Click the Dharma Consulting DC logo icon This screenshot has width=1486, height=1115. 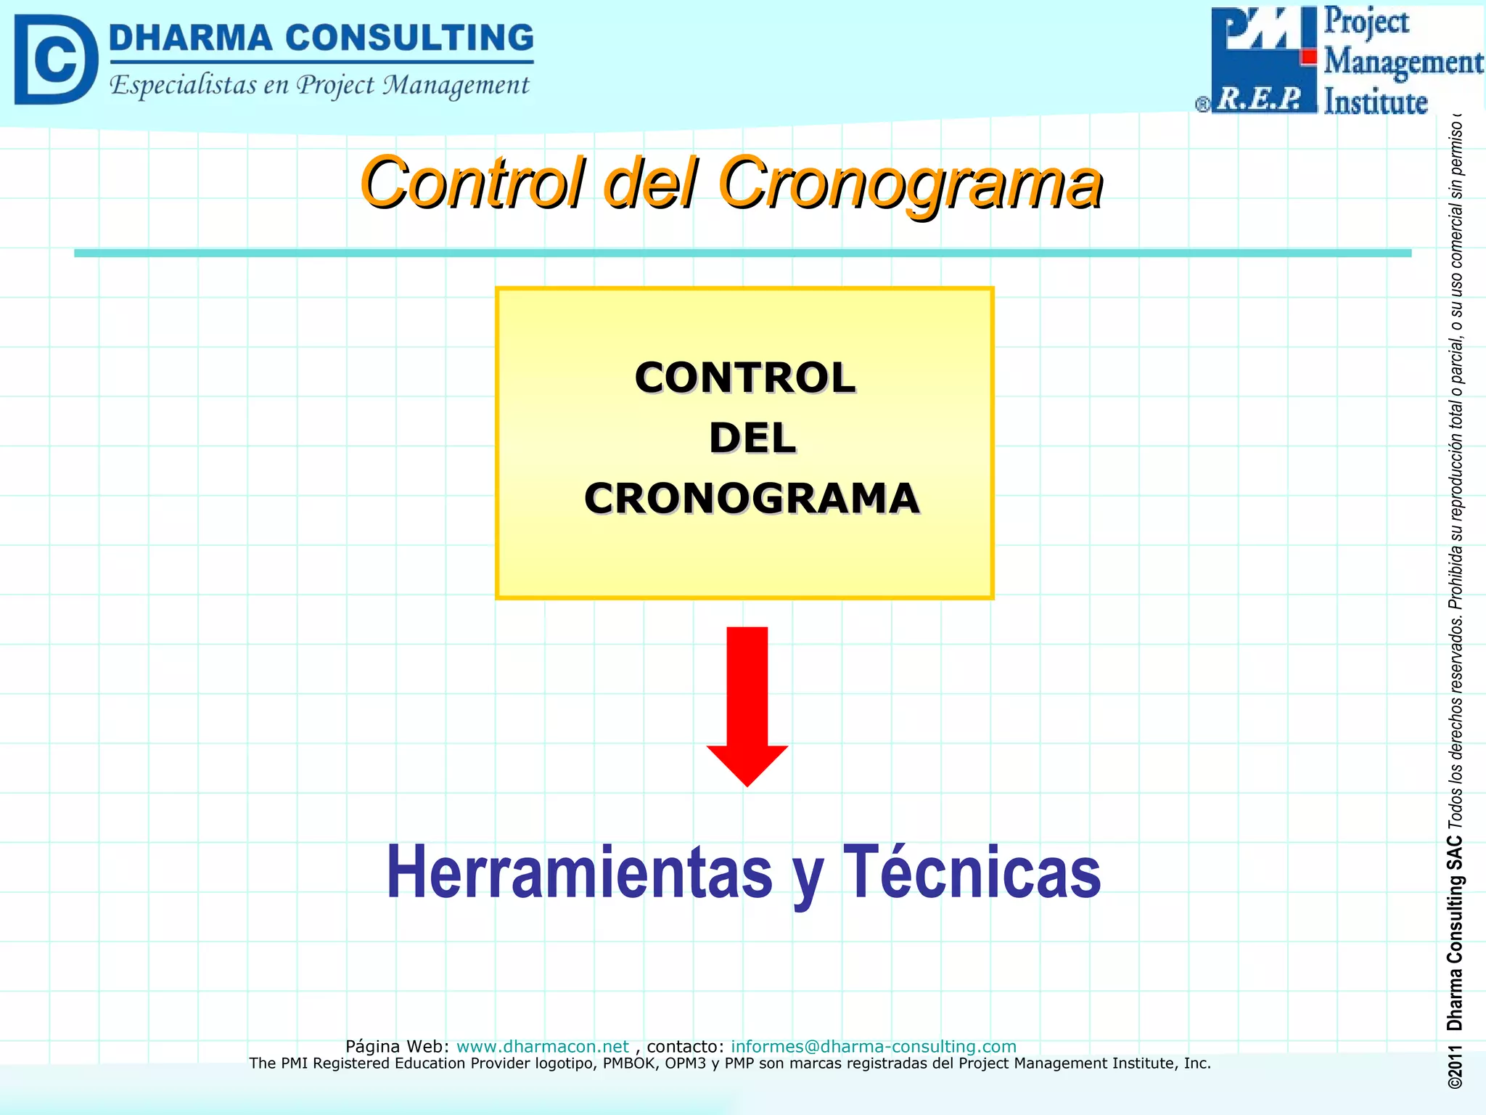(55, 60)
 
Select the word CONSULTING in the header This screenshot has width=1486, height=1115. (409, 38)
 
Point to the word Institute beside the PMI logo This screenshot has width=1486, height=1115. (1375, 102)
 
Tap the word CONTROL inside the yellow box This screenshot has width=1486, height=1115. (745, 378)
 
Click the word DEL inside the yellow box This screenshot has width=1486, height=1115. (752, 438)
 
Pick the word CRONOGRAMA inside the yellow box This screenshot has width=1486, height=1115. (752, 499)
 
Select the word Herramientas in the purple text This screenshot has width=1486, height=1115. (580, 873)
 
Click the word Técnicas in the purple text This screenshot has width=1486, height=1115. (972, 873)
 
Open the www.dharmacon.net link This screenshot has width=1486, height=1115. (542, 1046)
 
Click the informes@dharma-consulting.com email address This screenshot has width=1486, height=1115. (873, 1046)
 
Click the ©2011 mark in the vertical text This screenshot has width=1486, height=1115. (1454, 1066)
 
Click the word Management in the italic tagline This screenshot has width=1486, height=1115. (456, 86)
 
